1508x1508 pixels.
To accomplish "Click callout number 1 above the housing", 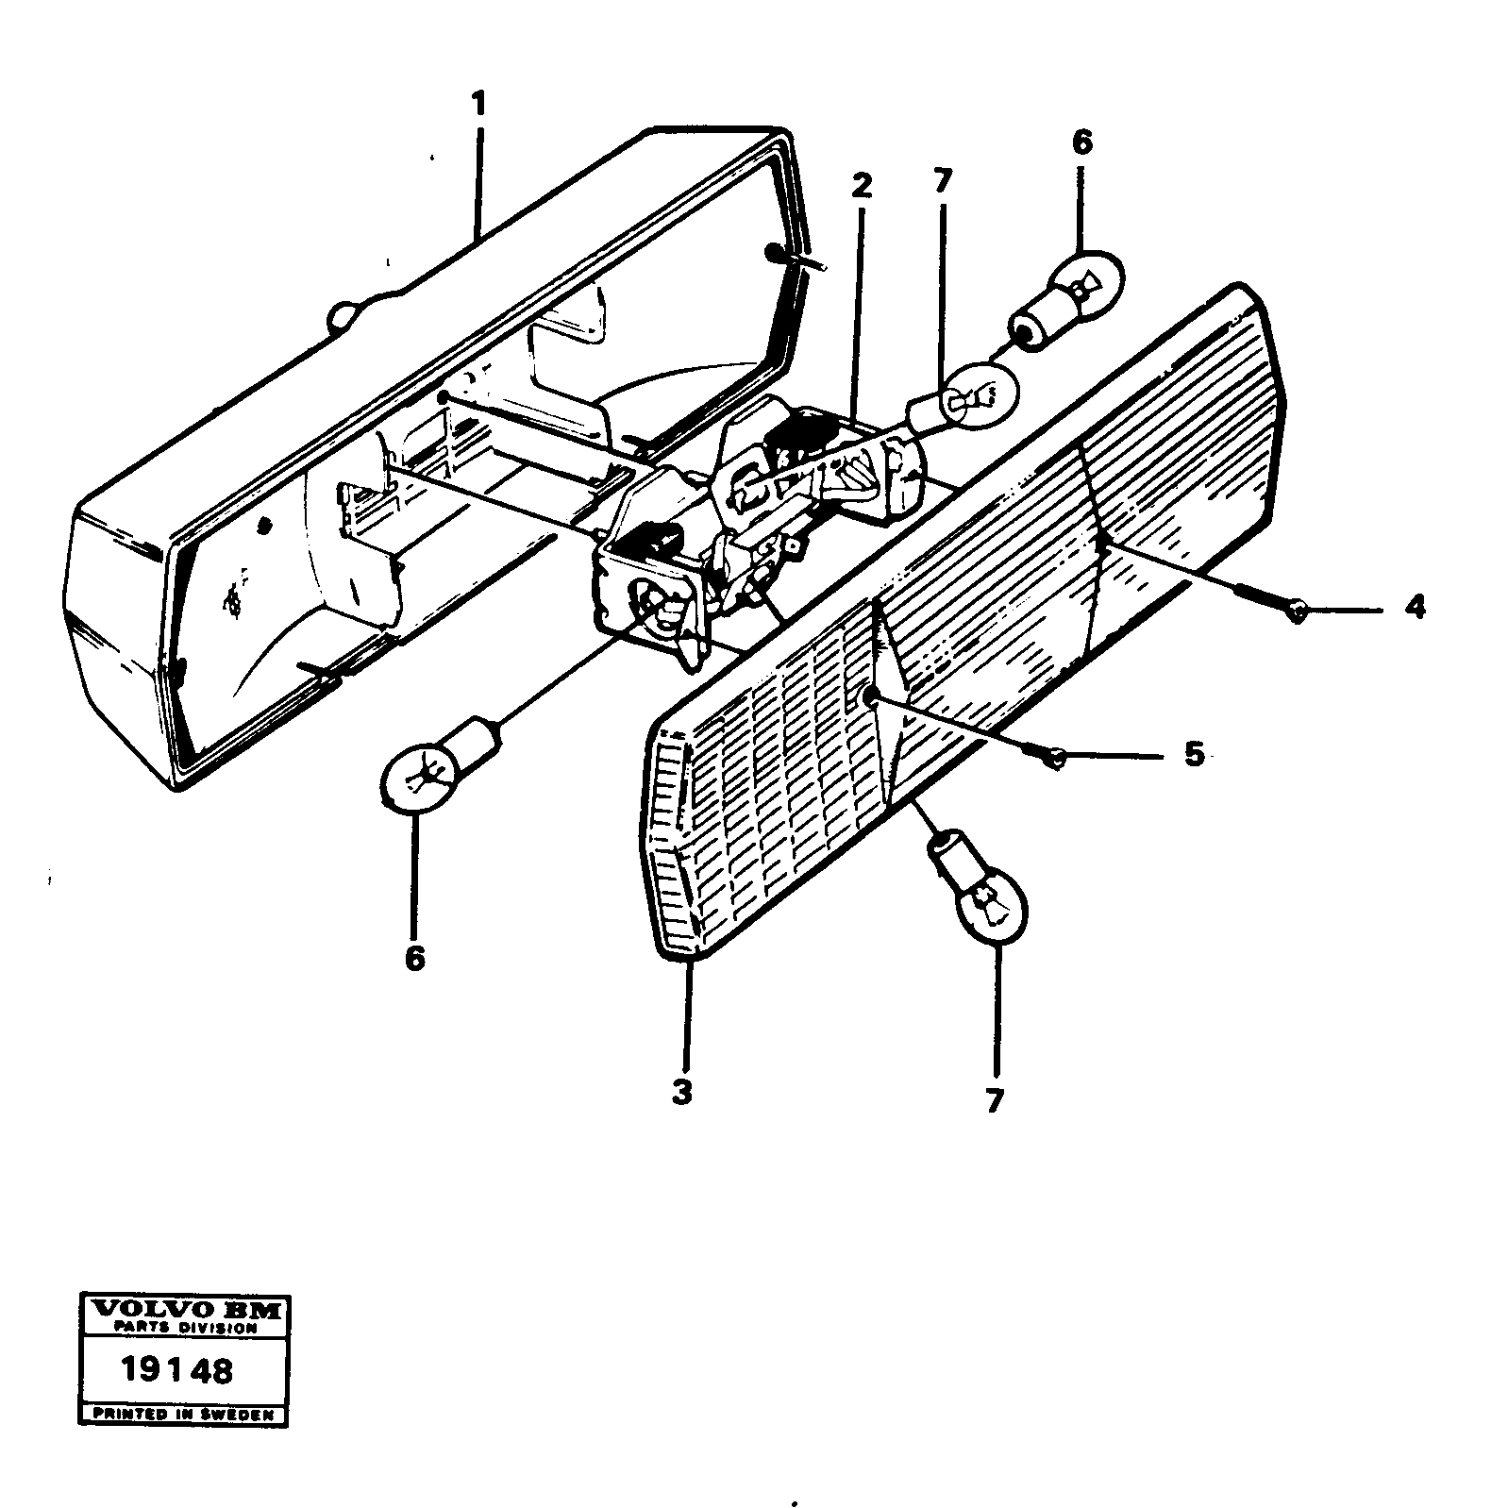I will [x=479, y=103].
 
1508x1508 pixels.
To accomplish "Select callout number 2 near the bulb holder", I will [x=861, y=186].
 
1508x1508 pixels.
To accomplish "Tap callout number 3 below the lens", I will [x=682, y=1093].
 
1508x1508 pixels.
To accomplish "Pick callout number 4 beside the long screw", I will [x=1414, y=607].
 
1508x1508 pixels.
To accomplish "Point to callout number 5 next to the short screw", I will [x=1194, y=755].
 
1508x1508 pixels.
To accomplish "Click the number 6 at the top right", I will [x=1081, y=143].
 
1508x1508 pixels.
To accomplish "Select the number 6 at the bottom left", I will [x=413, y=958].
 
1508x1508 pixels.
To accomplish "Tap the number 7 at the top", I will [x=943, y=181].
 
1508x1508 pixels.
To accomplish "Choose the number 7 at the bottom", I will [x=993, y=1100].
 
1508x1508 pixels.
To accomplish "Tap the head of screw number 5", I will [x=1058, y=757].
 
